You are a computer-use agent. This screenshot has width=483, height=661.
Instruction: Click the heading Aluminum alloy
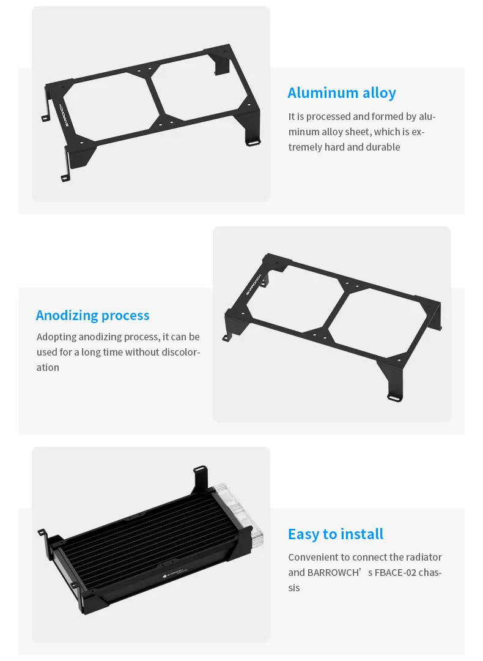(x=342, y=93)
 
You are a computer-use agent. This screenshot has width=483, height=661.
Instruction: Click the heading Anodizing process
(x=93, y=315)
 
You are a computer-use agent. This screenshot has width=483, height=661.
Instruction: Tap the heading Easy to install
(x=336, y=534)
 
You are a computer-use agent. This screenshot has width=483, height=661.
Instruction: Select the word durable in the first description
(x=383, y=147)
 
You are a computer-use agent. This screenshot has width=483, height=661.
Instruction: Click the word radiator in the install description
(x=424, y=558)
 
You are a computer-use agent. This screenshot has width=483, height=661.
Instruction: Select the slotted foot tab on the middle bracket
(x=394, y=397)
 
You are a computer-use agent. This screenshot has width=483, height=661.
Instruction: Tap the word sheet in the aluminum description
(x=358, y=132)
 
